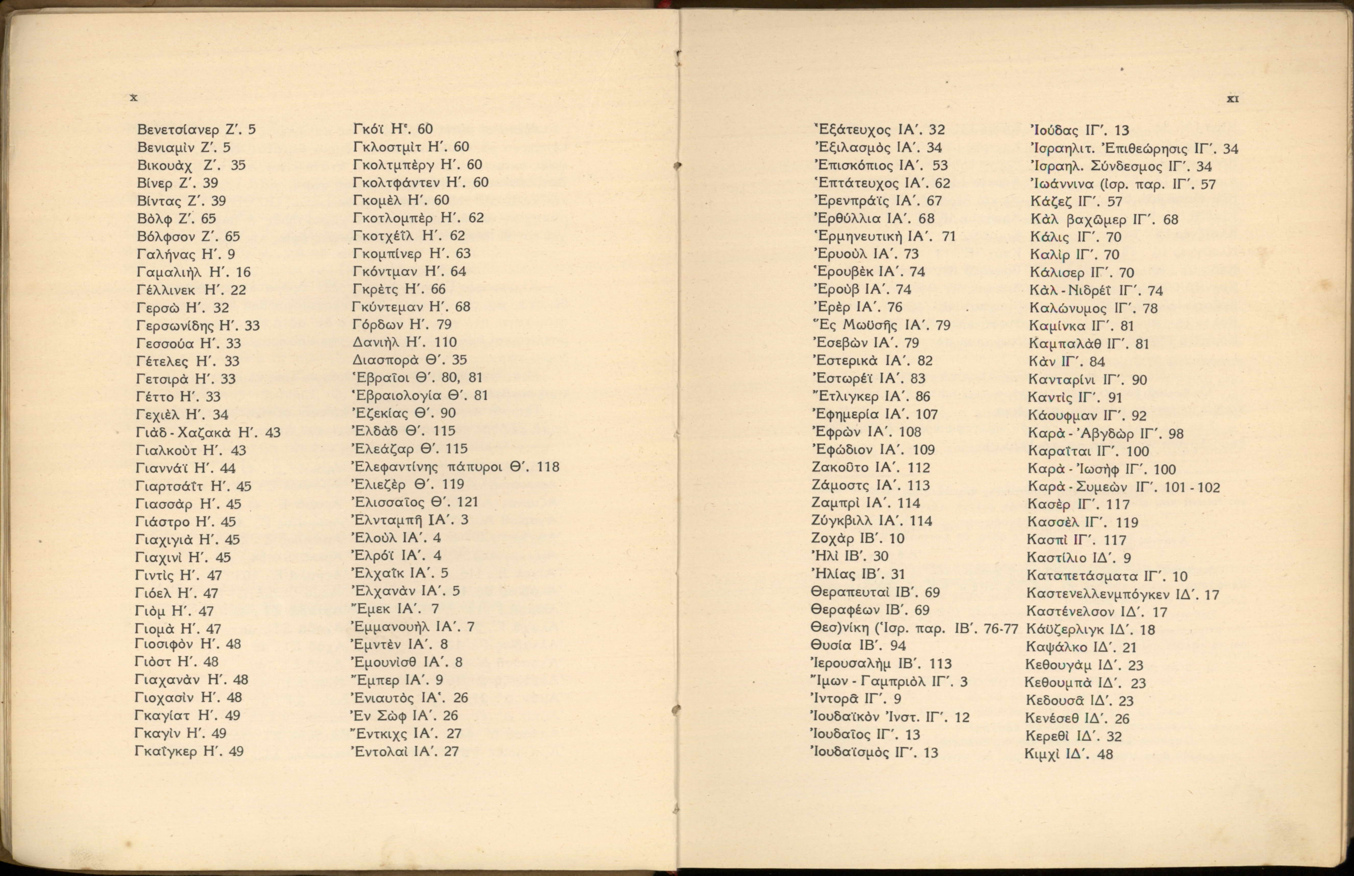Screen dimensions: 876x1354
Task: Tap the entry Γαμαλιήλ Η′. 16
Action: (193, 272)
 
